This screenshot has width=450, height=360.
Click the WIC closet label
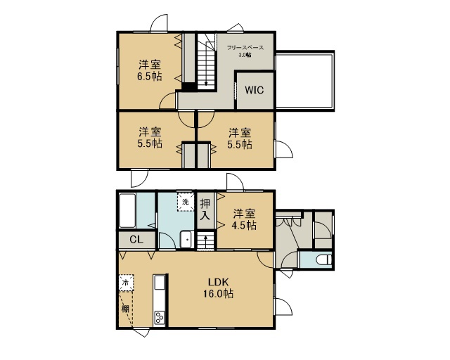click(x=255, y=90)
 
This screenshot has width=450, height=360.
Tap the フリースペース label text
click(x=245, y=48)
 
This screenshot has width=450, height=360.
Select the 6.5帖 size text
click(x=149, y=77)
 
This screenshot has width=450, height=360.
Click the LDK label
click(x=218, y=282)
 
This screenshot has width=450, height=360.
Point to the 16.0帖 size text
click(x=218, y=294)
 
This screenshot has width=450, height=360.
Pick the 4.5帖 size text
click(x=244, y=226)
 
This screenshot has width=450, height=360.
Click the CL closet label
click(x=136, y=239)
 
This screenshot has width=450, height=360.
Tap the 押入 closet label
click(x=205, y=210)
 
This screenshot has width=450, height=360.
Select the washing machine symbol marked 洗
click(x=186, y=202)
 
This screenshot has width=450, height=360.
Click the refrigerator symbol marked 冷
click(x=127, y=283)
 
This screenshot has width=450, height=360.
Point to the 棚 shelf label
click(x=125, y=309)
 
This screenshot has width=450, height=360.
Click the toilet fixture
click(x=324, y=259)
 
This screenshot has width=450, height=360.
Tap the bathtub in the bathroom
click(x=127, y=211)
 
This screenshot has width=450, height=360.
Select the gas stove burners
click(x=160, y=318)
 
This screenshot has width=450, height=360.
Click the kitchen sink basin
click(x=160, y=283)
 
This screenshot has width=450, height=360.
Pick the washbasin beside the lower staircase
click(x=186, y=239)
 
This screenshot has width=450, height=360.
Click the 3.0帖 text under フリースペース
click(x=245, y=55)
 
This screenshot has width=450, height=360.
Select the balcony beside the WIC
click(x=304, y=81)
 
